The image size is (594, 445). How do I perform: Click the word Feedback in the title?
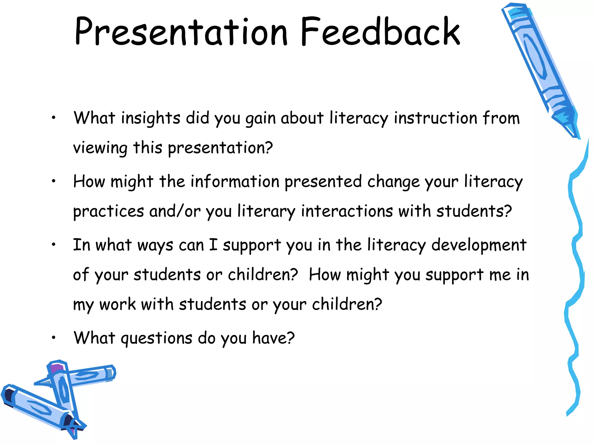[380, 32]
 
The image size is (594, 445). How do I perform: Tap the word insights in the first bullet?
[151, 118]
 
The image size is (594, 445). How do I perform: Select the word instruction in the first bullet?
[435, 118]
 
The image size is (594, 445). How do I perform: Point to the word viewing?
[100, 148]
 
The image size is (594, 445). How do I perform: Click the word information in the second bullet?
[235, 182]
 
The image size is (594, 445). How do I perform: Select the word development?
[479, 245]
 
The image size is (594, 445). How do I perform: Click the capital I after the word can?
[213, 245]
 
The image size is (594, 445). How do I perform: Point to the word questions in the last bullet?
[156, 338]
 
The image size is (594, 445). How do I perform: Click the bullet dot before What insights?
[53, 118]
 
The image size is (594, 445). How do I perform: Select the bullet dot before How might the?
[53, 181]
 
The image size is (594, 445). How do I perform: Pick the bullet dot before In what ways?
[53, 245]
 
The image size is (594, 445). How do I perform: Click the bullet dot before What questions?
[53, 338]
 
